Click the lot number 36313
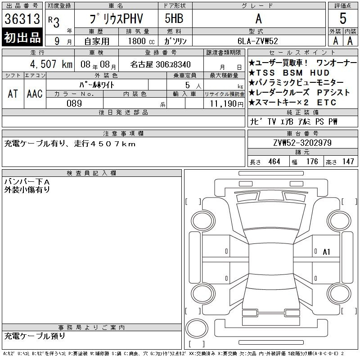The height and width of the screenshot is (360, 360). click(22, 19)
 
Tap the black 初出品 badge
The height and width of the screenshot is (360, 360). click(22, 37)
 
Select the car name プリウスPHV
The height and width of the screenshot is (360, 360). click(116, 18)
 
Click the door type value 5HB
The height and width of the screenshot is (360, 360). click(174, 18)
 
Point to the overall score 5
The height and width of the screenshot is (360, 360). click(343, 18)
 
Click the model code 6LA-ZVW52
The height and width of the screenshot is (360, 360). click(257, 41)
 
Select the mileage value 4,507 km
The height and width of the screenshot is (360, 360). click(51, 64)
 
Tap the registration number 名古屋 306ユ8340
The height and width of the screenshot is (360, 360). click(161, 64)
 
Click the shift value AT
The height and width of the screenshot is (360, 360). click(13, 94)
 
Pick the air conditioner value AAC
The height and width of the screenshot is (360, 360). click(35, 94)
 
